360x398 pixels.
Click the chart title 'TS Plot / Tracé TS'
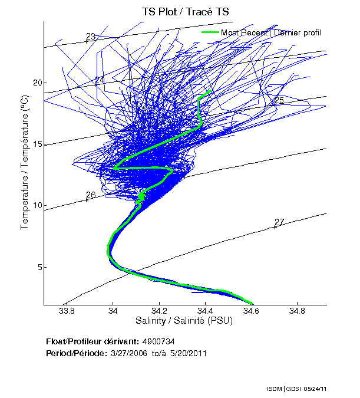[x=185, y=11]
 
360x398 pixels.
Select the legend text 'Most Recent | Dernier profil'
[x=271, y=32]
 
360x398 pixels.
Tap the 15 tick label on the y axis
[x=37, y=144]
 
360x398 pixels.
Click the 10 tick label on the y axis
[x=37, y=206]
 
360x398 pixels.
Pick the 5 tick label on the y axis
[x=39, y=267]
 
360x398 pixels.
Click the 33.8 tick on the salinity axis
[x=67, y=311]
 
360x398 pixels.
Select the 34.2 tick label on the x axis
[x=159, y=311]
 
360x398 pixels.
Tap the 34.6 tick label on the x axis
[x=252, y=311]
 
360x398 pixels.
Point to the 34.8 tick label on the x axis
[x=298, y=311]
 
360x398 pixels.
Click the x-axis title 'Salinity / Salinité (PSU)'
[x=185, y=321]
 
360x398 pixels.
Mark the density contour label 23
[x=90, y=37]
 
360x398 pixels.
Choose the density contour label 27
[x=279, y=222]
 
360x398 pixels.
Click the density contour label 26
[x=91, y=195]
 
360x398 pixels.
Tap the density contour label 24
[x=99, y=80]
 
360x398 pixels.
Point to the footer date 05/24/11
[x=316, y=390]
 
